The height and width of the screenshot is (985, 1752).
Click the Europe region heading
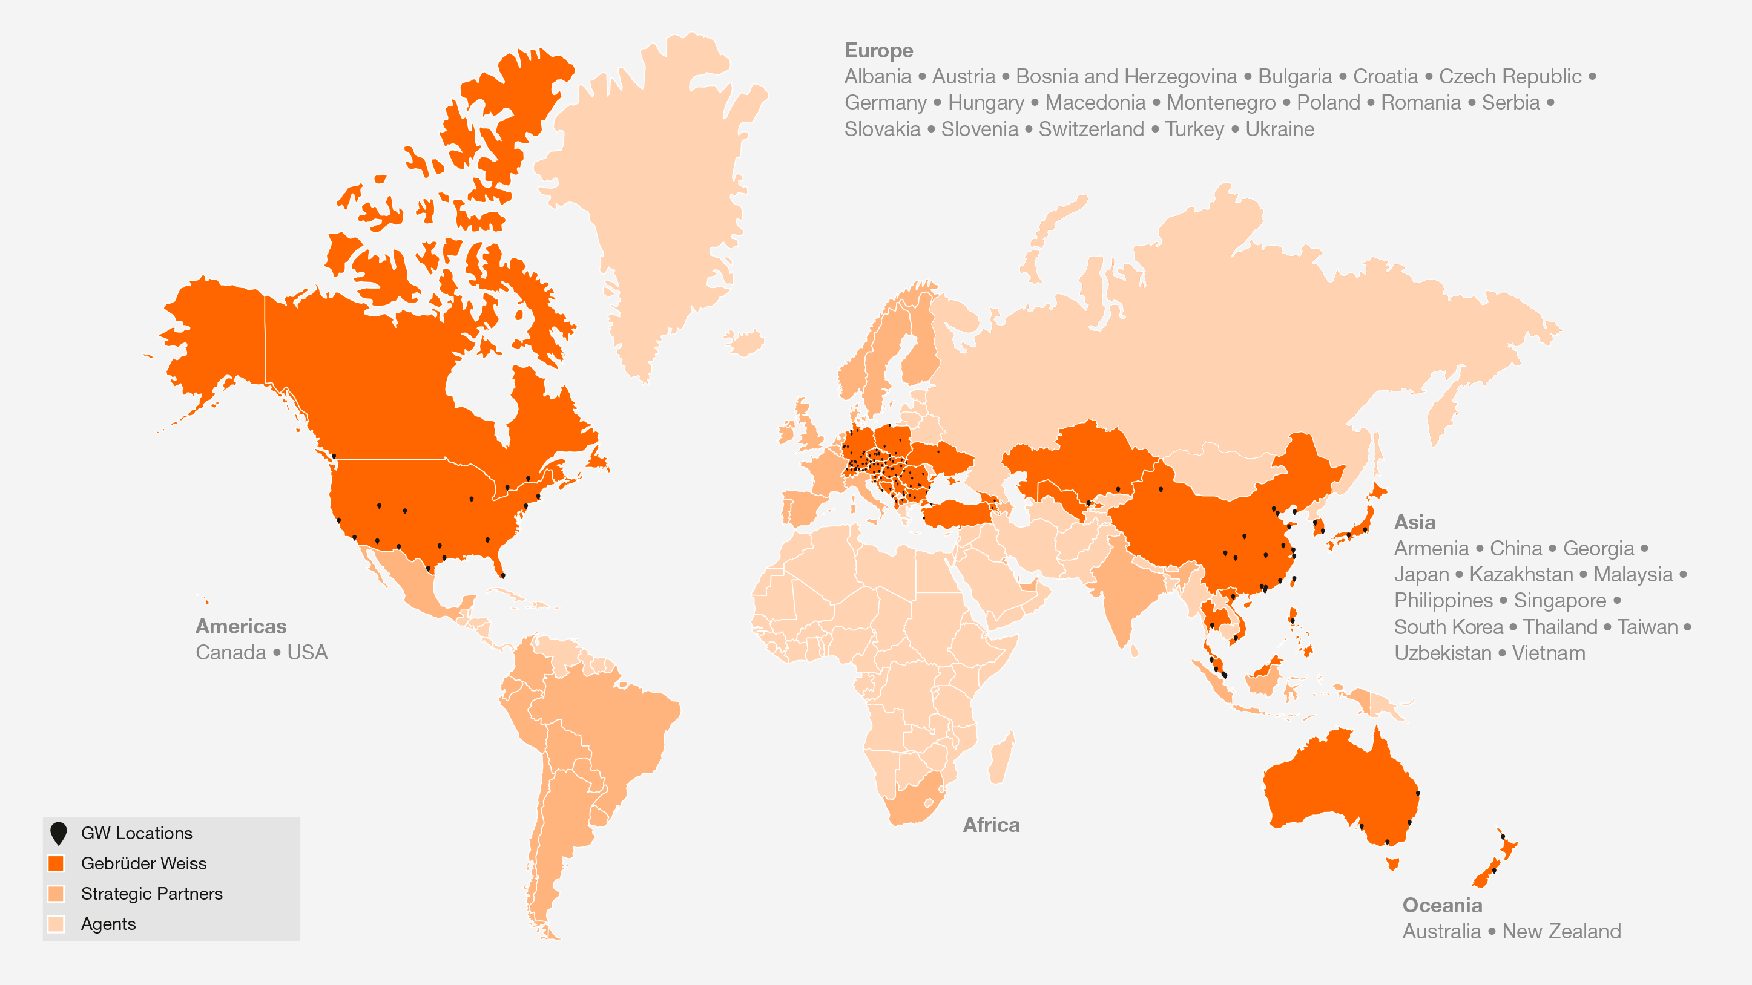(878, 50)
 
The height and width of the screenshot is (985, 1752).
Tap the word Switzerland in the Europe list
(1091, 129)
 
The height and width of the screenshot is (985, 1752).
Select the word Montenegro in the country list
(1221, 103)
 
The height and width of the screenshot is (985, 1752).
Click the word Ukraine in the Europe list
(1279, 129)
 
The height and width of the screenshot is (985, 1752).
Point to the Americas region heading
(241, 626)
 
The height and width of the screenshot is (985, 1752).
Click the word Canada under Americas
(231, 653)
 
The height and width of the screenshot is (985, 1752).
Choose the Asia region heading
(1415, 522)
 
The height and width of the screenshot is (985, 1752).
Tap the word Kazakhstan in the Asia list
(1521, 574)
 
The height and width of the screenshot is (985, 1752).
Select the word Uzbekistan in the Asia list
(1443, 653)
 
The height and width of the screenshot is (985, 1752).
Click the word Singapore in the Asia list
(1559, 601)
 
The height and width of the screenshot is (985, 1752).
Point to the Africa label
(991, 825)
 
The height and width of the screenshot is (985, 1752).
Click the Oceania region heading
(1442, 906)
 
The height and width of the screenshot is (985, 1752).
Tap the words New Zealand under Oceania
(1561, 931)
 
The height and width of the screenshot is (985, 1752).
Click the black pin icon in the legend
(59, 833)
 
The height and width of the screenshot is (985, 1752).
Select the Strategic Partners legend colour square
(56, 893)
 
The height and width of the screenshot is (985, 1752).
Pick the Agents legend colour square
(56, 924)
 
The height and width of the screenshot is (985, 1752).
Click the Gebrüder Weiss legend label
(143, 863)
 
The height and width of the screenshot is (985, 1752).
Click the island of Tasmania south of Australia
(1392, 864)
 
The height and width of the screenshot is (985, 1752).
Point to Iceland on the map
(744, 342)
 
